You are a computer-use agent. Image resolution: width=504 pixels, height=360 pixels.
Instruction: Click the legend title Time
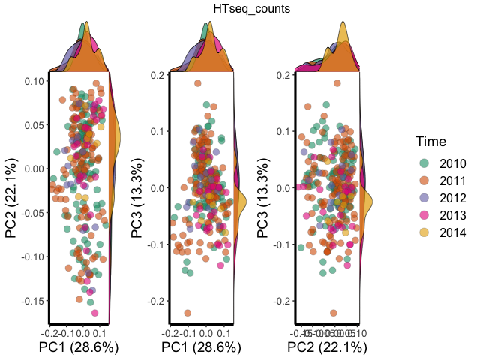(431, 141)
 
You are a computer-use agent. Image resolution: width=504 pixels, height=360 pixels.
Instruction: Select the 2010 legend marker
(424, 163)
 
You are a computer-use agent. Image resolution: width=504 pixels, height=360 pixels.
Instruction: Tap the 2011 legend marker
(424, 181)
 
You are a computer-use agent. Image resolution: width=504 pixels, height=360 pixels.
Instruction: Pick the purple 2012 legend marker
(424, 198)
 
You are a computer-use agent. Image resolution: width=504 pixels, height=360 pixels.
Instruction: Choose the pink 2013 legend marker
(424, 215)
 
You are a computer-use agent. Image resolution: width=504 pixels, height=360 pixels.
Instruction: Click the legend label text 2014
(453, 232)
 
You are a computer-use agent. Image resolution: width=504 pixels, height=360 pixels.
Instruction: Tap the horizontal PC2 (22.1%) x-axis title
(326, 346)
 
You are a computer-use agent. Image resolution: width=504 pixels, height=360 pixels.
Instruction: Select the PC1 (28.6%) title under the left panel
(79, 346)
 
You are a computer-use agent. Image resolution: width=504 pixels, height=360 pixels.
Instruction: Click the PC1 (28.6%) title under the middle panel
(201, 346)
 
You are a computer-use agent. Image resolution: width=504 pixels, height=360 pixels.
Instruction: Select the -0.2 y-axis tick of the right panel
(283, 301)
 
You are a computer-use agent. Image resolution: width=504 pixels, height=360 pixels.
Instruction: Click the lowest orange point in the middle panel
(187, 313)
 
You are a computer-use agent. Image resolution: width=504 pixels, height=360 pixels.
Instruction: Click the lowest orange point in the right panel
(333, 313)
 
